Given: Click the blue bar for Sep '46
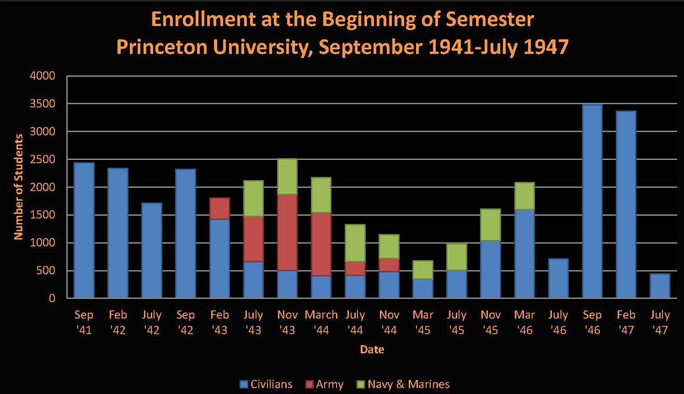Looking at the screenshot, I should click(592, 201).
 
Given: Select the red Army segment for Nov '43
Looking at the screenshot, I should click(287, 233).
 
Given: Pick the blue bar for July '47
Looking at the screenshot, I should click(659, 286).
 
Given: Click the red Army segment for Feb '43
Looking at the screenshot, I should click(219, 209).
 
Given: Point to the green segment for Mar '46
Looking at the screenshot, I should click(524, 196).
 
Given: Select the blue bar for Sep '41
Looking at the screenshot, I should click(84, 230).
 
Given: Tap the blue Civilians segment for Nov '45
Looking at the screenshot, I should click(490, 269).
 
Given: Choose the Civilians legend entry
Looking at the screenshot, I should click(266, 384).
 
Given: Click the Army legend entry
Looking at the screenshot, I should click(324, 384).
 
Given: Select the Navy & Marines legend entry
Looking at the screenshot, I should click(403, 384).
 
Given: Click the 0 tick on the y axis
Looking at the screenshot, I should click(51, 298).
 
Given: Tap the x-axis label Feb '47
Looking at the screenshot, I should click(625, 322).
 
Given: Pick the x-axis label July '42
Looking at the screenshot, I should click(151, 322).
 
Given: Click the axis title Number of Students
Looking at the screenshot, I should click(18, 187).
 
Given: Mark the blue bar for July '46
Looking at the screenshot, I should click(558, 278).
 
